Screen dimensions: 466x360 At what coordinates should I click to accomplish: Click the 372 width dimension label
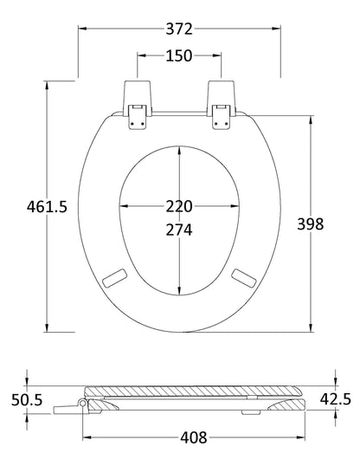click(x=179, y=28)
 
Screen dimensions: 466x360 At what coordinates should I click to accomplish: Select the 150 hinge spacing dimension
click(x=179, y=56)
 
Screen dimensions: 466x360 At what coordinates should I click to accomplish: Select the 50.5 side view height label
click(x=26, y=400)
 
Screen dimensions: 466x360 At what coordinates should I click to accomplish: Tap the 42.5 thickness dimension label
click(x=334, y=399)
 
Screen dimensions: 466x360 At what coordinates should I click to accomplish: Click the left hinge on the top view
click(x=137, y=103)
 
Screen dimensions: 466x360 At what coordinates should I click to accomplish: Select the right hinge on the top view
click(x=222, y=103)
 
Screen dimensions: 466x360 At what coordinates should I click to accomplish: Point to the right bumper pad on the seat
click(x=246, y=278)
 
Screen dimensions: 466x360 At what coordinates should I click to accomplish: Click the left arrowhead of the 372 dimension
click(x=83, y=28)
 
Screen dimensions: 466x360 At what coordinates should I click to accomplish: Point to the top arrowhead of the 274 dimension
click(x=179, y=147)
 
